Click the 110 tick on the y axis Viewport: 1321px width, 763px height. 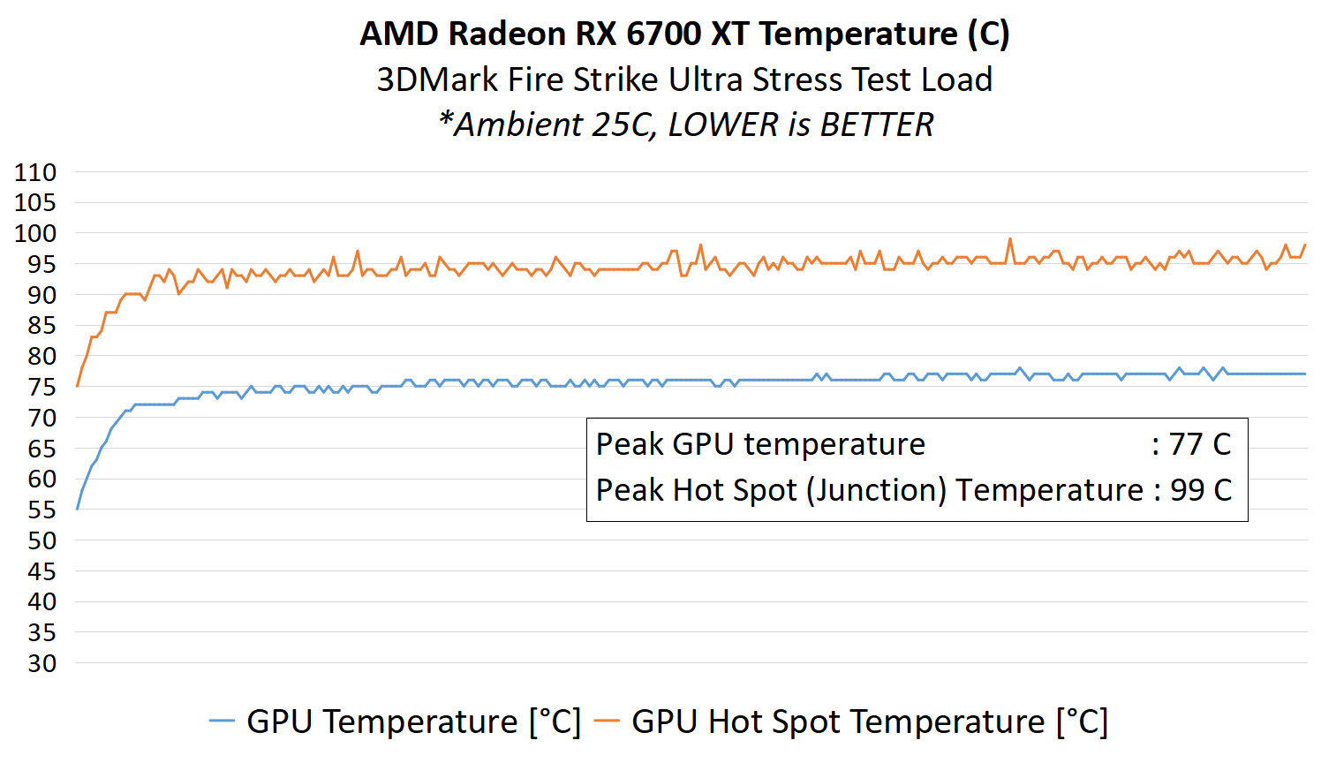[35, 172]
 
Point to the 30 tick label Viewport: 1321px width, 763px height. [42, 663]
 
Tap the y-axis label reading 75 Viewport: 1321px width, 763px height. [42, 387]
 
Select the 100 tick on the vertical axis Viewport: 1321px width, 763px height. [35, 234]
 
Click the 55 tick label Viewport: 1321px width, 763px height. [42, 510]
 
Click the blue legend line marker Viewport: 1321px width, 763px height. [222, 721]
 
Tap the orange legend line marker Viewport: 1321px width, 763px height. [607, 721]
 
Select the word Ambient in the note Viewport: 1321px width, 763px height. [517, 125]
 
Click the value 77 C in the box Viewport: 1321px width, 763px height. [1200, 444]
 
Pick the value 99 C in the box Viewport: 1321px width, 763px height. [1200, 490]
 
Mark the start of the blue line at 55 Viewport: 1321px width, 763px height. [78, 509]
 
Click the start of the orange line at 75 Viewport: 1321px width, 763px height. [78, 386]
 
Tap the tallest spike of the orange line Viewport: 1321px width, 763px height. [1010, 238]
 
